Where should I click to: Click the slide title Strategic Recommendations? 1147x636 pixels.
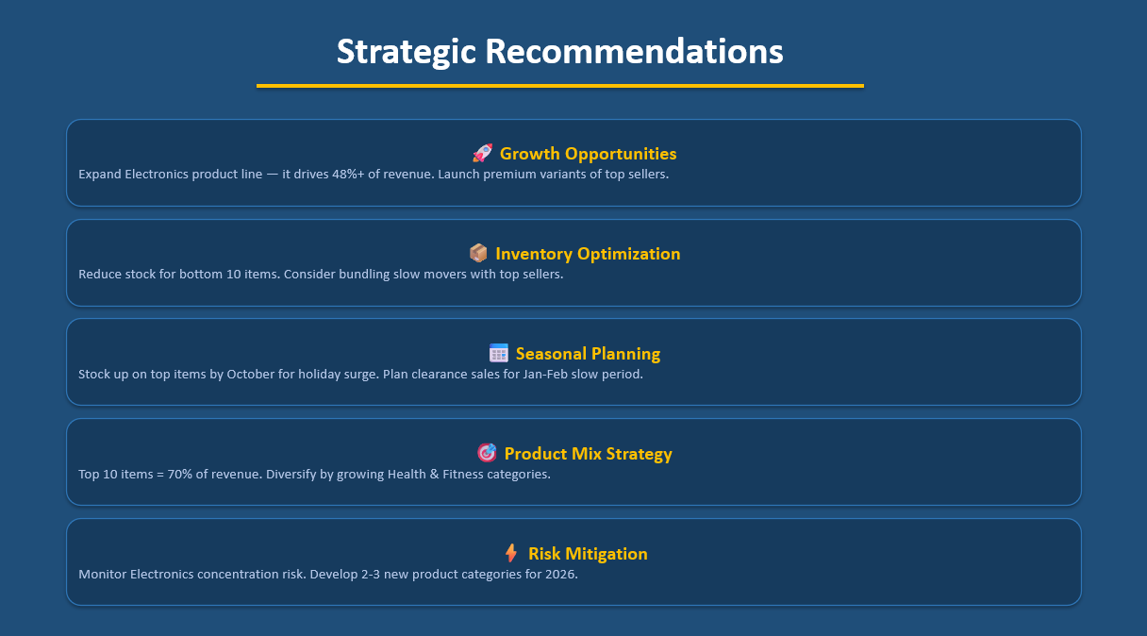pyautogui.click(x=559, y=51)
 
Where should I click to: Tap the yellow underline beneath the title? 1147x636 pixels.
pyautogui.click(x=559, y=86)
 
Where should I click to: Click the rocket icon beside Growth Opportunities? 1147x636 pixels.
pyautogui.click(x=482, y=153)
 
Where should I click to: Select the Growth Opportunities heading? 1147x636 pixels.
pyautogui.click(x=588, y=154)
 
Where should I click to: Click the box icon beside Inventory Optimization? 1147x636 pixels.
pyautogui.click(x=478, y=253)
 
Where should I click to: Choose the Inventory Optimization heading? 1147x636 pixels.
pyautogui.click(x=587, y=254)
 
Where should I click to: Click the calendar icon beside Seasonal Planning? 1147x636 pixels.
pyautogui.click(x=499, y=353)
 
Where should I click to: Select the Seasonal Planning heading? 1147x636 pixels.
pyautogui.click(x=588, y=354)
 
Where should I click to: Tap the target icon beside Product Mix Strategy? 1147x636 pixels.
pyautogui.click(x=487, y=453)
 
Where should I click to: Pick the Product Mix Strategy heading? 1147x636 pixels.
pyautogui.click(x=588, y=454)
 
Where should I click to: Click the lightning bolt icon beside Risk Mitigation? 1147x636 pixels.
pyautogui.click(x=511, y=553)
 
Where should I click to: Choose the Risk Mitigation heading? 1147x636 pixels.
pyautogui.click(x=588, y=554)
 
